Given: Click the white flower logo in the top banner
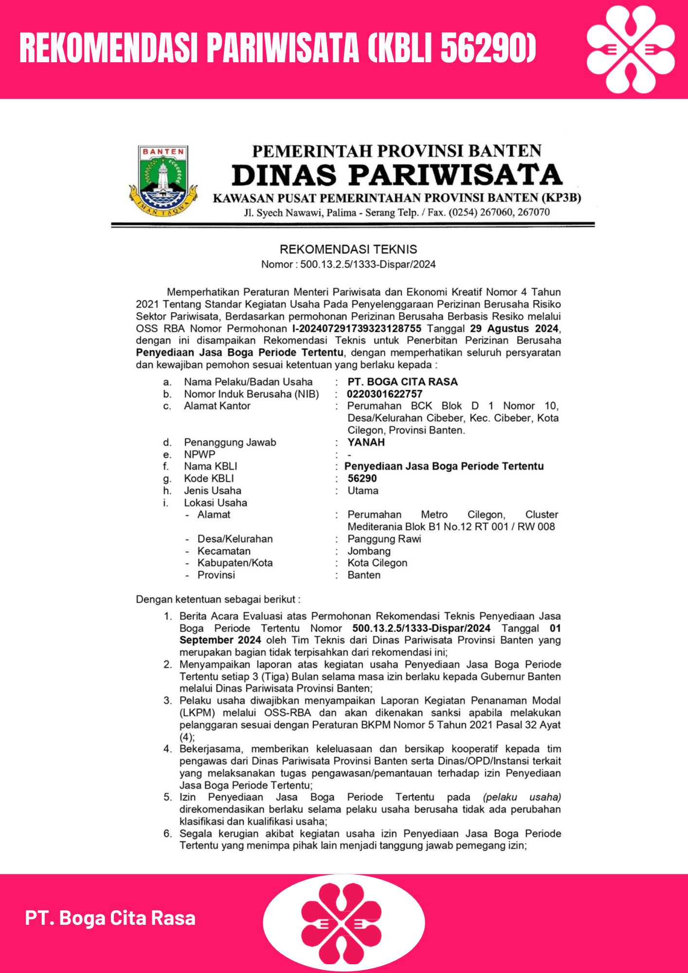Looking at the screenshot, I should [x=631, y=49].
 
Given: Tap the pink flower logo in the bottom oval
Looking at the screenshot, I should [x=344, y=923].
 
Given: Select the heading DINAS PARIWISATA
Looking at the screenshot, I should [x=397, y=175].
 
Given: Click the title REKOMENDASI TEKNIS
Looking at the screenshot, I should [x=348, y=250].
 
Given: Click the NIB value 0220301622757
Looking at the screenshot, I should [x=384, y=394].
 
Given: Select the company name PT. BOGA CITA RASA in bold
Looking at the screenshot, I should [x=402, y=382].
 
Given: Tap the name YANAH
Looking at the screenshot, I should [x=366, y=442].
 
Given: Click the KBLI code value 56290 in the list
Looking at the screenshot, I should [x=362, y=478].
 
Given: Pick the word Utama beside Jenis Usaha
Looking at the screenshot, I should [x=363, y=490].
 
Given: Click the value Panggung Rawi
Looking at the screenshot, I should [x=384, y=539].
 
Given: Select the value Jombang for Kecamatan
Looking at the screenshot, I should [x=369, y=551].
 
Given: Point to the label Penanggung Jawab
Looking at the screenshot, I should [x=230, y=442].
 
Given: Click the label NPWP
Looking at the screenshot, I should [x=199, y=454].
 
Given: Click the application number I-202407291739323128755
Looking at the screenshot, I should [x=357, y=328].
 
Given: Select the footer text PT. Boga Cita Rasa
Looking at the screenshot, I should [x=110, y=918].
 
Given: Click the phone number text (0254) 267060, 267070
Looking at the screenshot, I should [x=499, y=213].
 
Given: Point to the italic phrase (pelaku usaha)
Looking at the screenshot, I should [x=522, y=797].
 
